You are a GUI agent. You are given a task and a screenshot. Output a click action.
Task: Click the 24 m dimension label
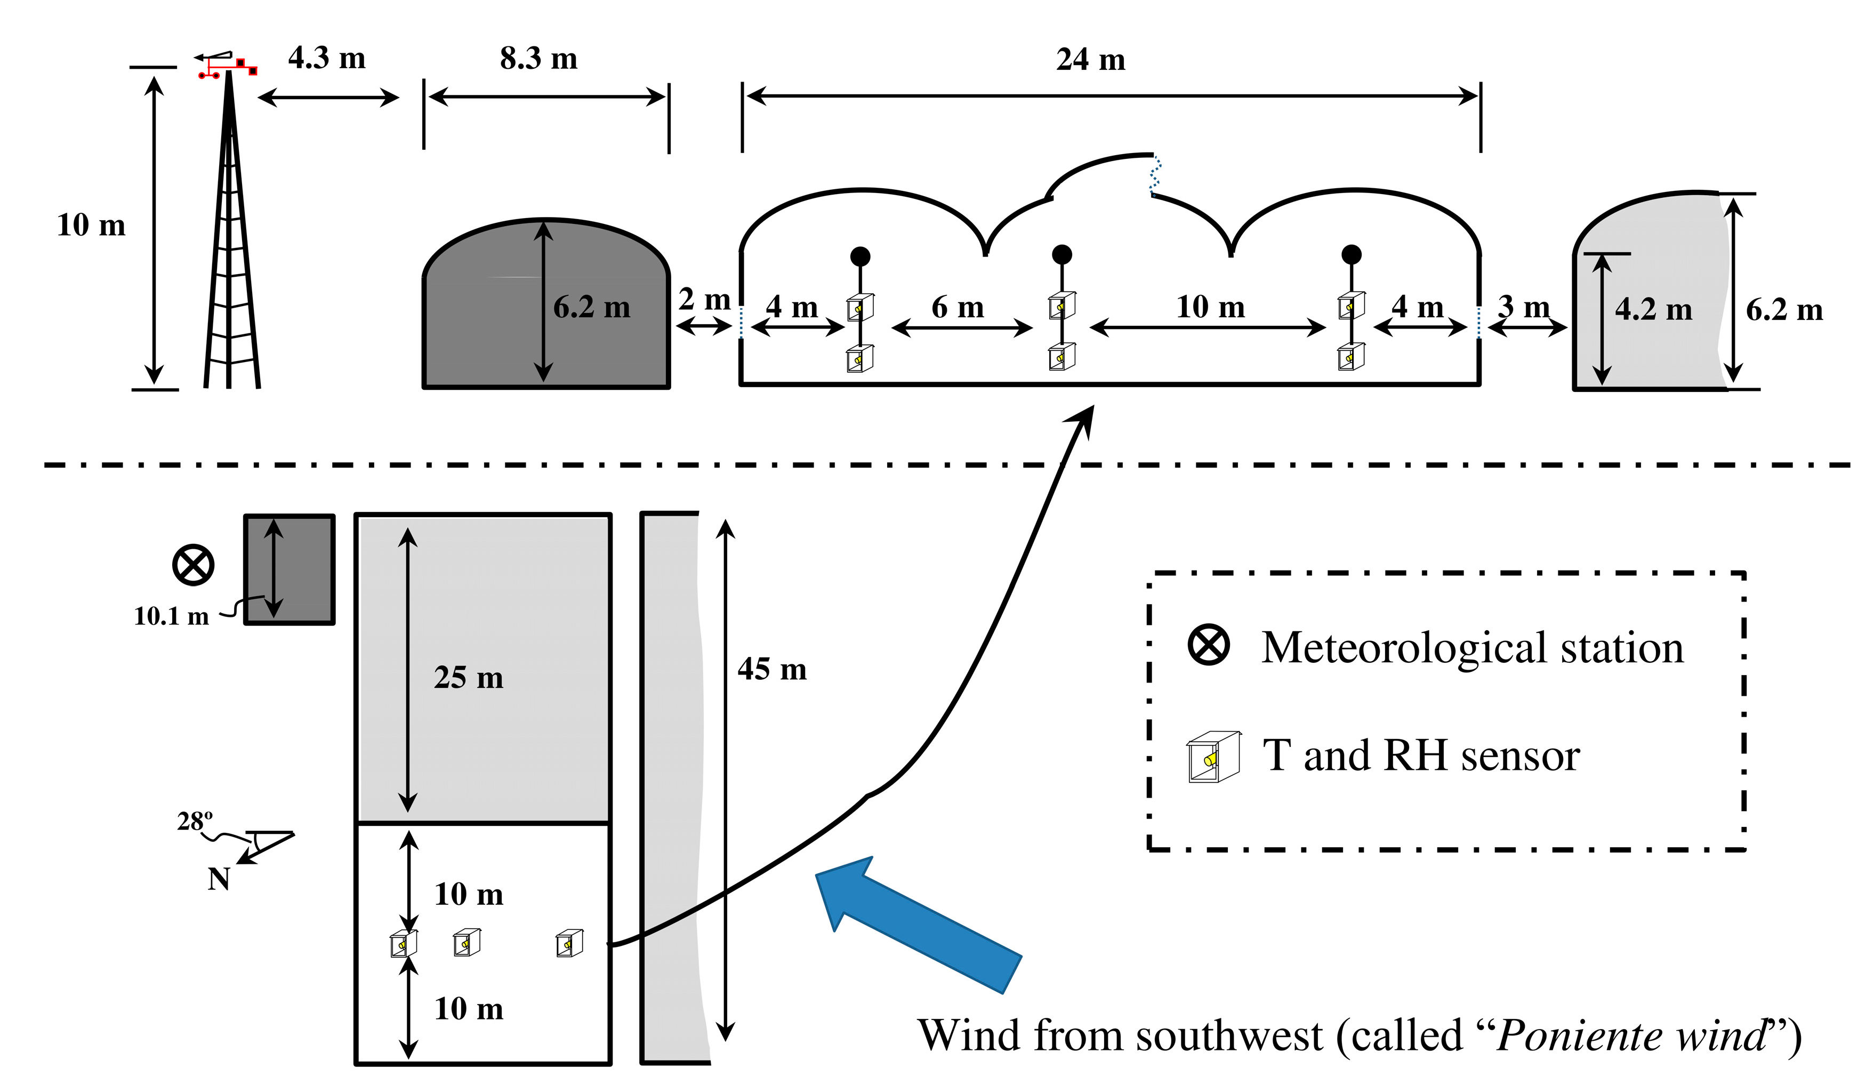coord(1090,59)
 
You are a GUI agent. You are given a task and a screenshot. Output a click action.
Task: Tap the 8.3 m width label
coord(538,58)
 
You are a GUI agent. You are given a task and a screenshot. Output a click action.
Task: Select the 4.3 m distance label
coord(326,58)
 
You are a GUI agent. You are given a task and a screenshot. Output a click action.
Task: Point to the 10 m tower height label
coord(91,225)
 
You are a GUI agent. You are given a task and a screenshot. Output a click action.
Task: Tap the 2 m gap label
coord(704,300)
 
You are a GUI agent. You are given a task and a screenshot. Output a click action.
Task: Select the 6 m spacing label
coord(958,307)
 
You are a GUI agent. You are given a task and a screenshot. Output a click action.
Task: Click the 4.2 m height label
coord(1653,309)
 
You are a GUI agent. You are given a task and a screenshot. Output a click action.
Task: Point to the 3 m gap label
coord(1523,306)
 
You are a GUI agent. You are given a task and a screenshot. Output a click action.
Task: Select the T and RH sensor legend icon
coord(1213,757)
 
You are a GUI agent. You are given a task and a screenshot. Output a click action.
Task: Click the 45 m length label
coord(771,669)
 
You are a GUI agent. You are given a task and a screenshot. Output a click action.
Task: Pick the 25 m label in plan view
coord(468,678)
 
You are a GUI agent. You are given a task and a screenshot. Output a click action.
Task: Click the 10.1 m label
coord(171,616)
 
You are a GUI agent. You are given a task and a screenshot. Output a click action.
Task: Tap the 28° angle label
coord(194,821)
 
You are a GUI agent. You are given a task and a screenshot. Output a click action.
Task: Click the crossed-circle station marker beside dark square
coord(193,566)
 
